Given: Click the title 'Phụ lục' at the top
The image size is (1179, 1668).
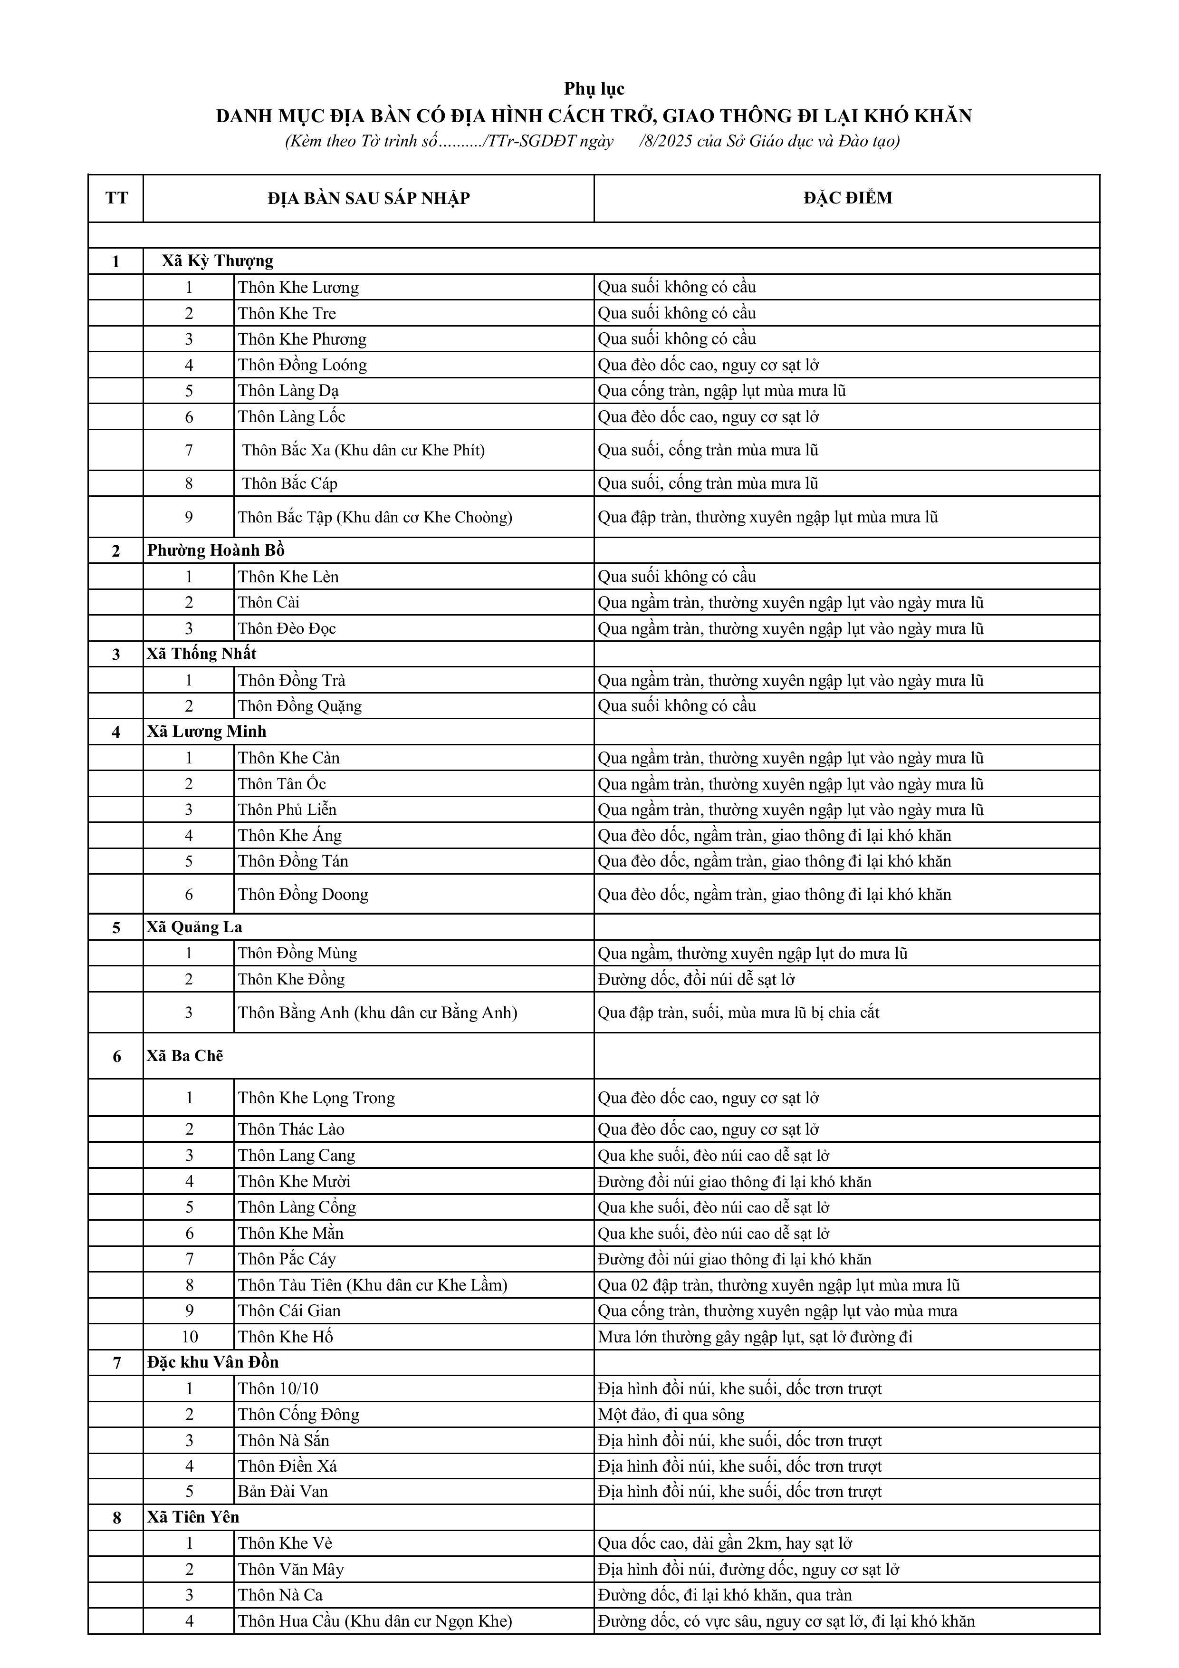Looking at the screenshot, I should point(594,88).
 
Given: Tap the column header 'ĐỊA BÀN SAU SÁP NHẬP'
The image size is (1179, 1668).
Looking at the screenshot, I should point(368,198).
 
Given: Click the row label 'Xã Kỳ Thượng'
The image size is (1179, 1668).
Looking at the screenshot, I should point(217,261).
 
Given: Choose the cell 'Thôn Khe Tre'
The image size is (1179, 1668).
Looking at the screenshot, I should point(287,313).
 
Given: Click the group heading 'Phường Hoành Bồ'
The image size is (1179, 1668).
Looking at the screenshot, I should point(216,550).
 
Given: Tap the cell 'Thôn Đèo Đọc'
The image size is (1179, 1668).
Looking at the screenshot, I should point(287,628).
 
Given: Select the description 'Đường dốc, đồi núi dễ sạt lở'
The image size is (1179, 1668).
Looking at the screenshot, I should point(696,979).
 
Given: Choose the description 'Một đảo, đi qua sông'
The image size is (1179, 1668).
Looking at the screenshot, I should point(671,1415).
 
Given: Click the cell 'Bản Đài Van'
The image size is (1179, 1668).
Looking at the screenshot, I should point(283,1492).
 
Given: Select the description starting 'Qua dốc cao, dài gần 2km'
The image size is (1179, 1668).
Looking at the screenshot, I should point(724,1543).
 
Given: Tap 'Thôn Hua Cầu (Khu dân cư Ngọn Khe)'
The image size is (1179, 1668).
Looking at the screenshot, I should point(375,1621).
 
